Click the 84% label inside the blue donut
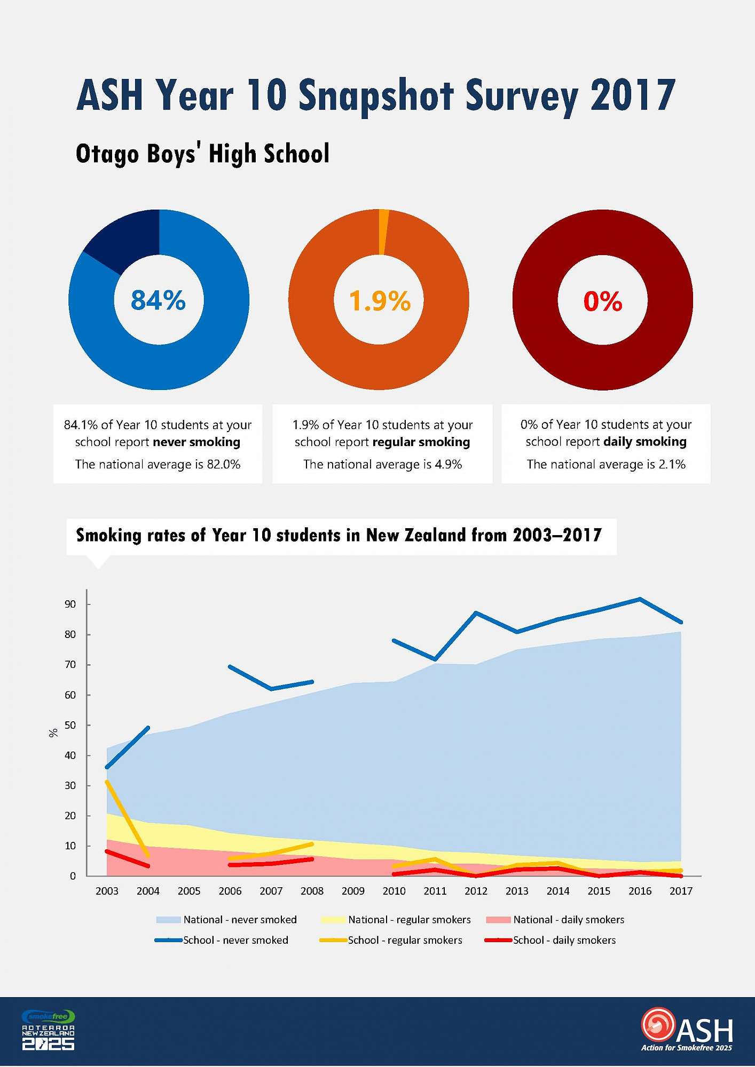(158, 300)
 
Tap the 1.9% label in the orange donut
(380, 301)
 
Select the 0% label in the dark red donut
(603, 301)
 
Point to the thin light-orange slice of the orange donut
(383, 232)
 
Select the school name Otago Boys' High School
(202, 154)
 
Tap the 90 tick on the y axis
(70, 604)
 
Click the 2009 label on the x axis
(353, 891)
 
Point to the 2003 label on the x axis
(107, 891)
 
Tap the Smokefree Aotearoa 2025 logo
(48, 1031)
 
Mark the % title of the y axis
(53, 733)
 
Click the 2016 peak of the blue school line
(640, 599)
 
